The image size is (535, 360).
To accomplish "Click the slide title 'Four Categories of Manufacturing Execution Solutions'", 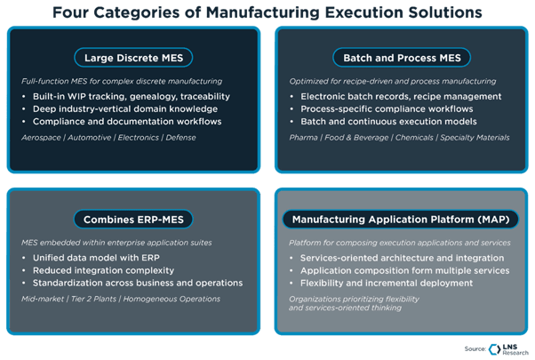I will click(267, 12).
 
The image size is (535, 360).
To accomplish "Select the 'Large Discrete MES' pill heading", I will click(133, 59).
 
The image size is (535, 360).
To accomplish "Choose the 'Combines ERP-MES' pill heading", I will click(133, 219).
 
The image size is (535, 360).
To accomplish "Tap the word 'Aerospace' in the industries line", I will click(42, 138).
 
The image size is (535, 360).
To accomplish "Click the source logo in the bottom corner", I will click(494, 348).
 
